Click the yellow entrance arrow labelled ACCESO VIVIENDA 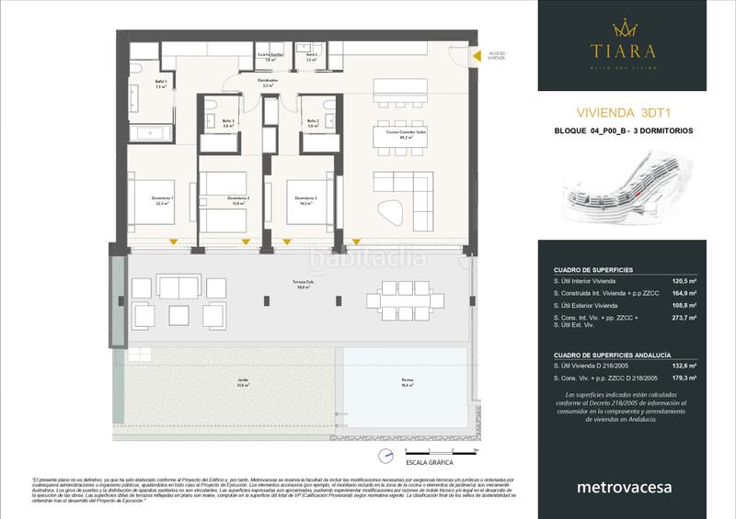tap(477, 57)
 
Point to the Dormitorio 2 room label tap(305, 200)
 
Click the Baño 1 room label tap(134, 85)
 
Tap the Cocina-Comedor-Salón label tap(398, 134)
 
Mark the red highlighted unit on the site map tap(634, 194)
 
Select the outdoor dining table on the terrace tap(397, 300)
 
